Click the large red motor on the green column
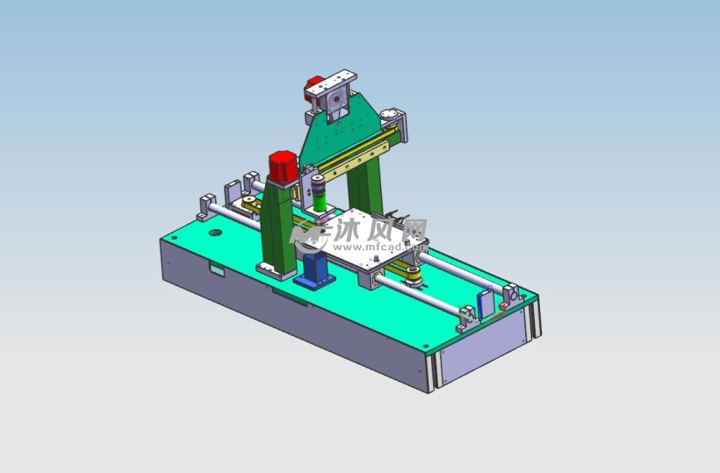tap(283, 166)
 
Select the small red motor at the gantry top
tap(313, 89)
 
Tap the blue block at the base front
tap(315, 271)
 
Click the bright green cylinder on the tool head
tap(320, 201)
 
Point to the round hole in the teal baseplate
tap(215, 233)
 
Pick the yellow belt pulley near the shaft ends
tap(414, 276)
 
